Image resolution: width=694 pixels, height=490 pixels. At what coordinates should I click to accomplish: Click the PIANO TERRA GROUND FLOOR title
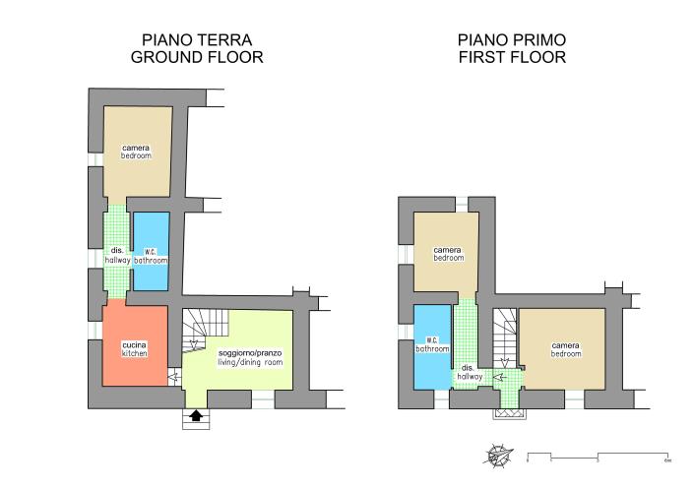coord(196,48)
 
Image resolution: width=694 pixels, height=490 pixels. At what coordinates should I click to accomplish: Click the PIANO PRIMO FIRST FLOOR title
coord(511,48)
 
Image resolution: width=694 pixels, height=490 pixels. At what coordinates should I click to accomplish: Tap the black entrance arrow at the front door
coord(196,416)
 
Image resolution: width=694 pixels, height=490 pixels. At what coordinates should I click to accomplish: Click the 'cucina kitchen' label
coord(135,348)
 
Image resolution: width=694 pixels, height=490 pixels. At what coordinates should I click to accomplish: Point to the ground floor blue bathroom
coord(151,251)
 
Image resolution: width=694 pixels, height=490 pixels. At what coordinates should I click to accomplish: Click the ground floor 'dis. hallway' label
coord(116,255)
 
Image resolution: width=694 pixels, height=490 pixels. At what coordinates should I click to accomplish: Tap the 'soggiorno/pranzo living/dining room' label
coord(249,357)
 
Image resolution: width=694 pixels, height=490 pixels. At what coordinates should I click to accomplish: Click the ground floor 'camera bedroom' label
coord(136,152)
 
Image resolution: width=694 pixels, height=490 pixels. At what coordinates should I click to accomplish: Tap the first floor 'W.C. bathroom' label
coord(432,343)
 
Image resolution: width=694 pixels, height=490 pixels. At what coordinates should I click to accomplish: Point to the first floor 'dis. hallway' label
coord(470,372)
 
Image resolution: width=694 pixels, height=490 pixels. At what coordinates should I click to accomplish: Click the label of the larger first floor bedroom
coord(565,349)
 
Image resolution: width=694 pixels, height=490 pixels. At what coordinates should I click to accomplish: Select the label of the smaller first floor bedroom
coord(448,254)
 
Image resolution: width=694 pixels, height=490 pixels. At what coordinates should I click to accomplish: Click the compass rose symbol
coord(497,457)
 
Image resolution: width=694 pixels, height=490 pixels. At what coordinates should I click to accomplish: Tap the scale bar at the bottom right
coord(599,458)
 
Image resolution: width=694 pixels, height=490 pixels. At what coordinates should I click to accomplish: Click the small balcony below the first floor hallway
coord(509,414)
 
